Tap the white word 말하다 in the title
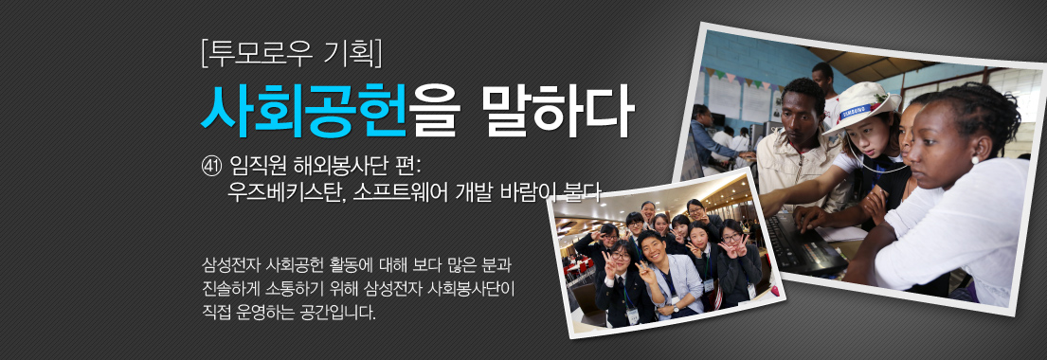557,110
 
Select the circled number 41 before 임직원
212,167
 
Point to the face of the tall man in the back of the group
648,209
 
